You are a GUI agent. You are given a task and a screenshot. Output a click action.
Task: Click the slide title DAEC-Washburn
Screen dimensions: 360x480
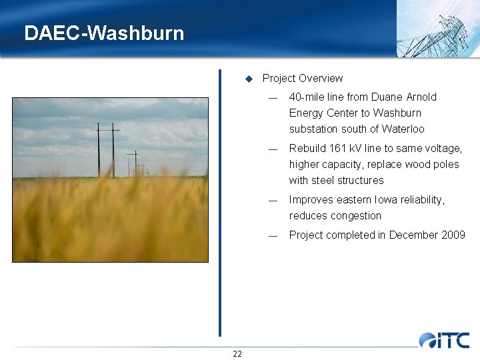[104, 33]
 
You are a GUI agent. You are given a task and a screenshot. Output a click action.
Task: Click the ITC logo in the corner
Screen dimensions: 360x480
[445, 340]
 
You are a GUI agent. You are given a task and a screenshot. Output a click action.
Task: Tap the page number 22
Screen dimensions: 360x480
[237, 353]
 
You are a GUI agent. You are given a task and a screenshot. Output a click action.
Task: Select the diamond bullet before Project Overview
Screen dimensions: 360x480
[249, 79]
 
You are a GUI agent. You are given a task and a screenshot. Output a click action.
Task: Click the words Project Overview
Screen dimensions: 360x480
[303, 79]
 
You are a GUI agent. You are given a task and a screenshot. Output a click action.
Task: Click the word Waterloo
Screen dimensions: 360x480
[403, 129]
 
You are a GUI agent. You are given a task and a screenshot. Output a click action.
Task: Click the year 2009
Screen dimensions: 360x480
[452, 235]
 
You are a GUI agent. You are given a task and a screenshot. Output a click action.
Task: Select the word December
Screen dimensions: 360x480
[413, 235]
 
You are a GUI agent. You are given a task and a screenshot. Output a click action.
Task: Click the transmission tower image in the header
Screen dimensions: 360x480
[437, 29]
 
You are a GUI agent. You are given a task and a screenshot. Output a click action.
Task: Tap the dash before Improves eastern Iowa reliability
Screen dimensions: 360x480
[272, 200]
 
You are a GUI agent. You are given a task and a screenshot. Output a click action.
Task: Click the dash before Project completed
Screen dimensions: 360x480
[272, 235]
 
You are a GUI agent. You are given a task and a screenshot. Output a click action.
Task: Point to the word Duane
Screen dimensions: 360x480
[387, 97]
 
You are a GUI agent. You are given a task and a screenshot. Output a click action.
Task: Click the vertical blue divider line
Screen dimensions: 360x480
[220, 200]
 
